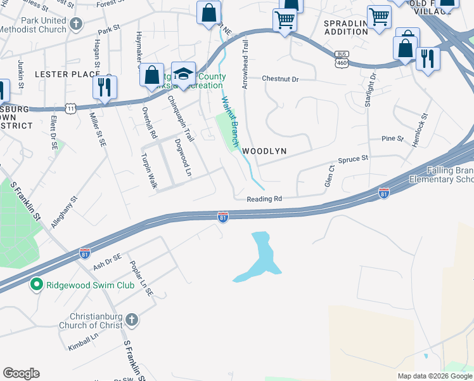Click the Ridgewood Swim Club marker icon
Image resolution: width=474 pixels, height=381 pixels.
click(38, 285)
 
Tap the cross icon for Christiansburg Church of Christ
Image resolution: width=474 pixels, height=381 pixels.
click(131, 319)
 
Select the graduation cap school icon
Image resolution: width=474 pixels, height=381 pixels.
click(183, 74)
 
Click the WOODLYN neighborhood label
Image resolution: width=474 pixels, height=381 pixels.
click(264, 151)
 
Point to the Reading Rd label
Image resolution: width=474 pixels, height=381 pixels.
click(264, 199)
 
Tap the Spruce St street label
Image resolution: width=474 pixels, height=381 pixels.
click(353, 159)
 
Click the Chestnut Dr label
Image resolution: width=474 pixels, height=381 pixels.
click(281, 79)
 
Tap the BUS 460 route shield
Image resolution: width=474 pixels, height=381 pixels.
click(342, 58)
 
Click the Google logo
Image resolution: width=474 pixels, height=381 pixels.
click(21, 373)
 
